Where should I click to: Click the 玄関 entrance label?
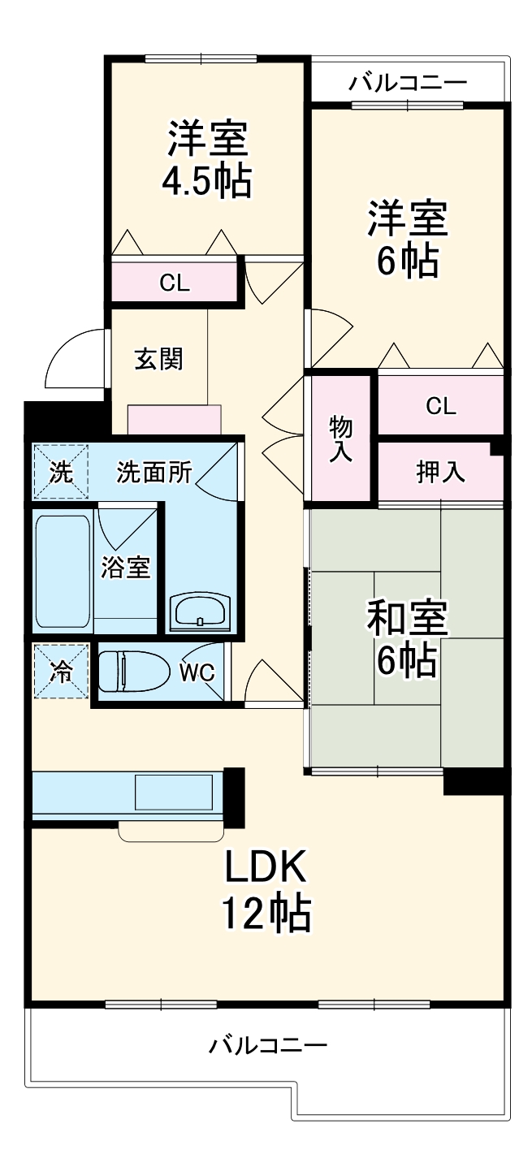pos(158,358)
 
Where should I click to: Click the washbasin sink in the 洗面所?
pos(200,610)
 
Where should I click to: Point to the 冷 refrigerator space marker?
pos(60,671)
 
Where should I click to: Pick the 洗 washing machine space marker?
pos(60,473)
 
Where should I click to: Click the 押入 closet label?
pos(440,473)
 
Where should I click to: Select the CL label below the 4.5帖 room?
pos(174,283)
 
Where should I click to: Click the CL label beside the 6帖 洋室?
pos(441,406)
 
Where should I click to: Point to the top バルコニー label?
pos(408,83)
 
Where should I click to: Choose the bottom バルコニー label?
pos(268,1044)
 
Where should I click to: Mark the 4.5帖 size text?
pos(206,182)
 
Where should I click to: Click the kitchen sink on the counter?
pos(173,791)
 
